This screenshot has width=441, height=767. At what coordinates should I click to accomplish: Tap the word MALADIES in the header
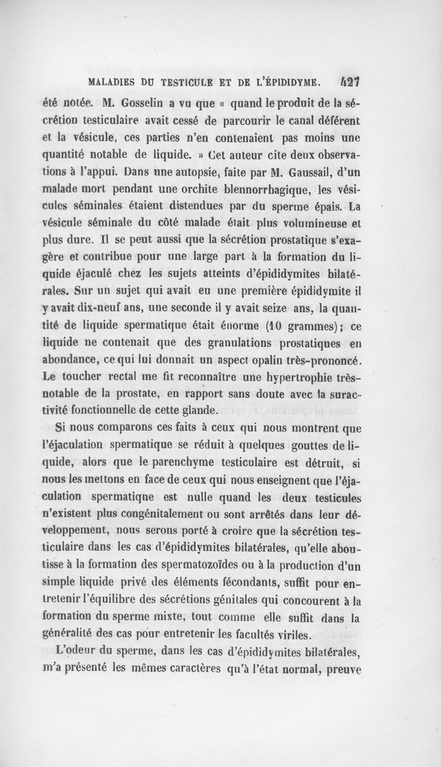[x=114, y=83]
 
